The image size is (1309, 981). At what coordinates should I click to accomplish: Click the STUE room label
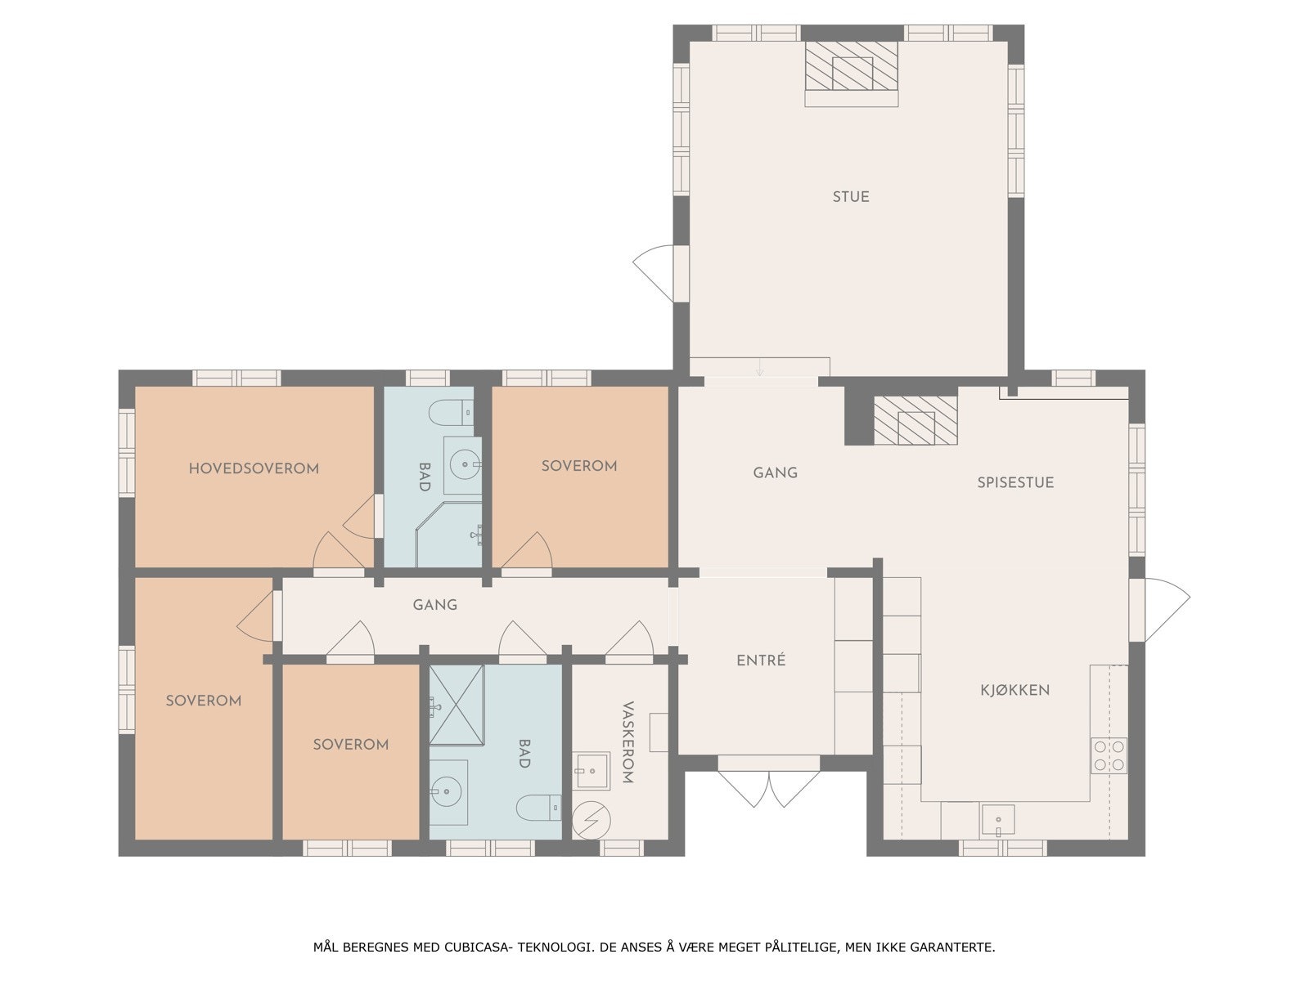[x=851, y=197]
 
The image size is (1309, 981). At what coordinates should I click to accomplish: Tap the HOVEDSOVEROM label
[x=254, y=468]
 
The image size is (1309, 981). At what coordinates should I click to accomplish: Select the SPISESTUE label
[x=1015, y=482]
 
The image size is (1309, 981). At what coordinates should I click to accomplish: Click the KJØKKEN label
[x=1014, y=690]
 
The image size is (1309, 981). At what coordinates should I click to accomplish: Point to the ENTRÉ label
[x=761, y=661]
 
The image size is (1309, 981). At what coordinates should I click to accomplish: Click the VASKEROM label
[x=628, y=742]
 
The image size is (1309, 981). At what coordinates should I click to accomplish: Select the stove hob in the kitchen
[x=1109, y=755]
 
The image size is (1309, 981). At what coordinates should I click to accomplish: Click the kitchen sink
[x=998, y=820]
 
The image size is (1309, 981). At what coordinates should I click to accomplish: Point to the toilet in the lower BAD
[x=538, y=808]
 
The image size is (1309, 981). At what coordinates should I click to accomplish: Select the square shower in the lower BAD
[x=457, y=705]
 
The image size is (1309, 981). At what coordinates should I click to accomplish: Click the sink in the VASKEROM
[x=591, y=769]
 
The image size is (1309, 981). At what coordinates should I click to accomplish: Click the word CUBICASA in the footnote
[x=479, y=947]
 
